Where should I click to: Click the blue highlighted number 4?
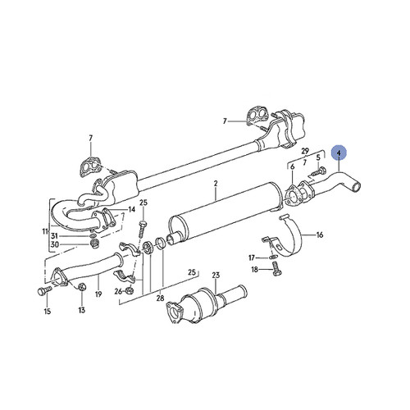click(339, 153)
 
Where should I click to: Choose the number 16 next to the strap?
click(320, 235)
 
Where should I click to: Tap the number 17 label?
click(251, 257)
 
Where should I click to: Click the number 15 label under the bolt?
click(47, 312)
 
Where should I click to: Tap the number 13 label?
click(81, 311)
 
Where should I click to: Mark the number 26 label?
click(119, 290)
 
